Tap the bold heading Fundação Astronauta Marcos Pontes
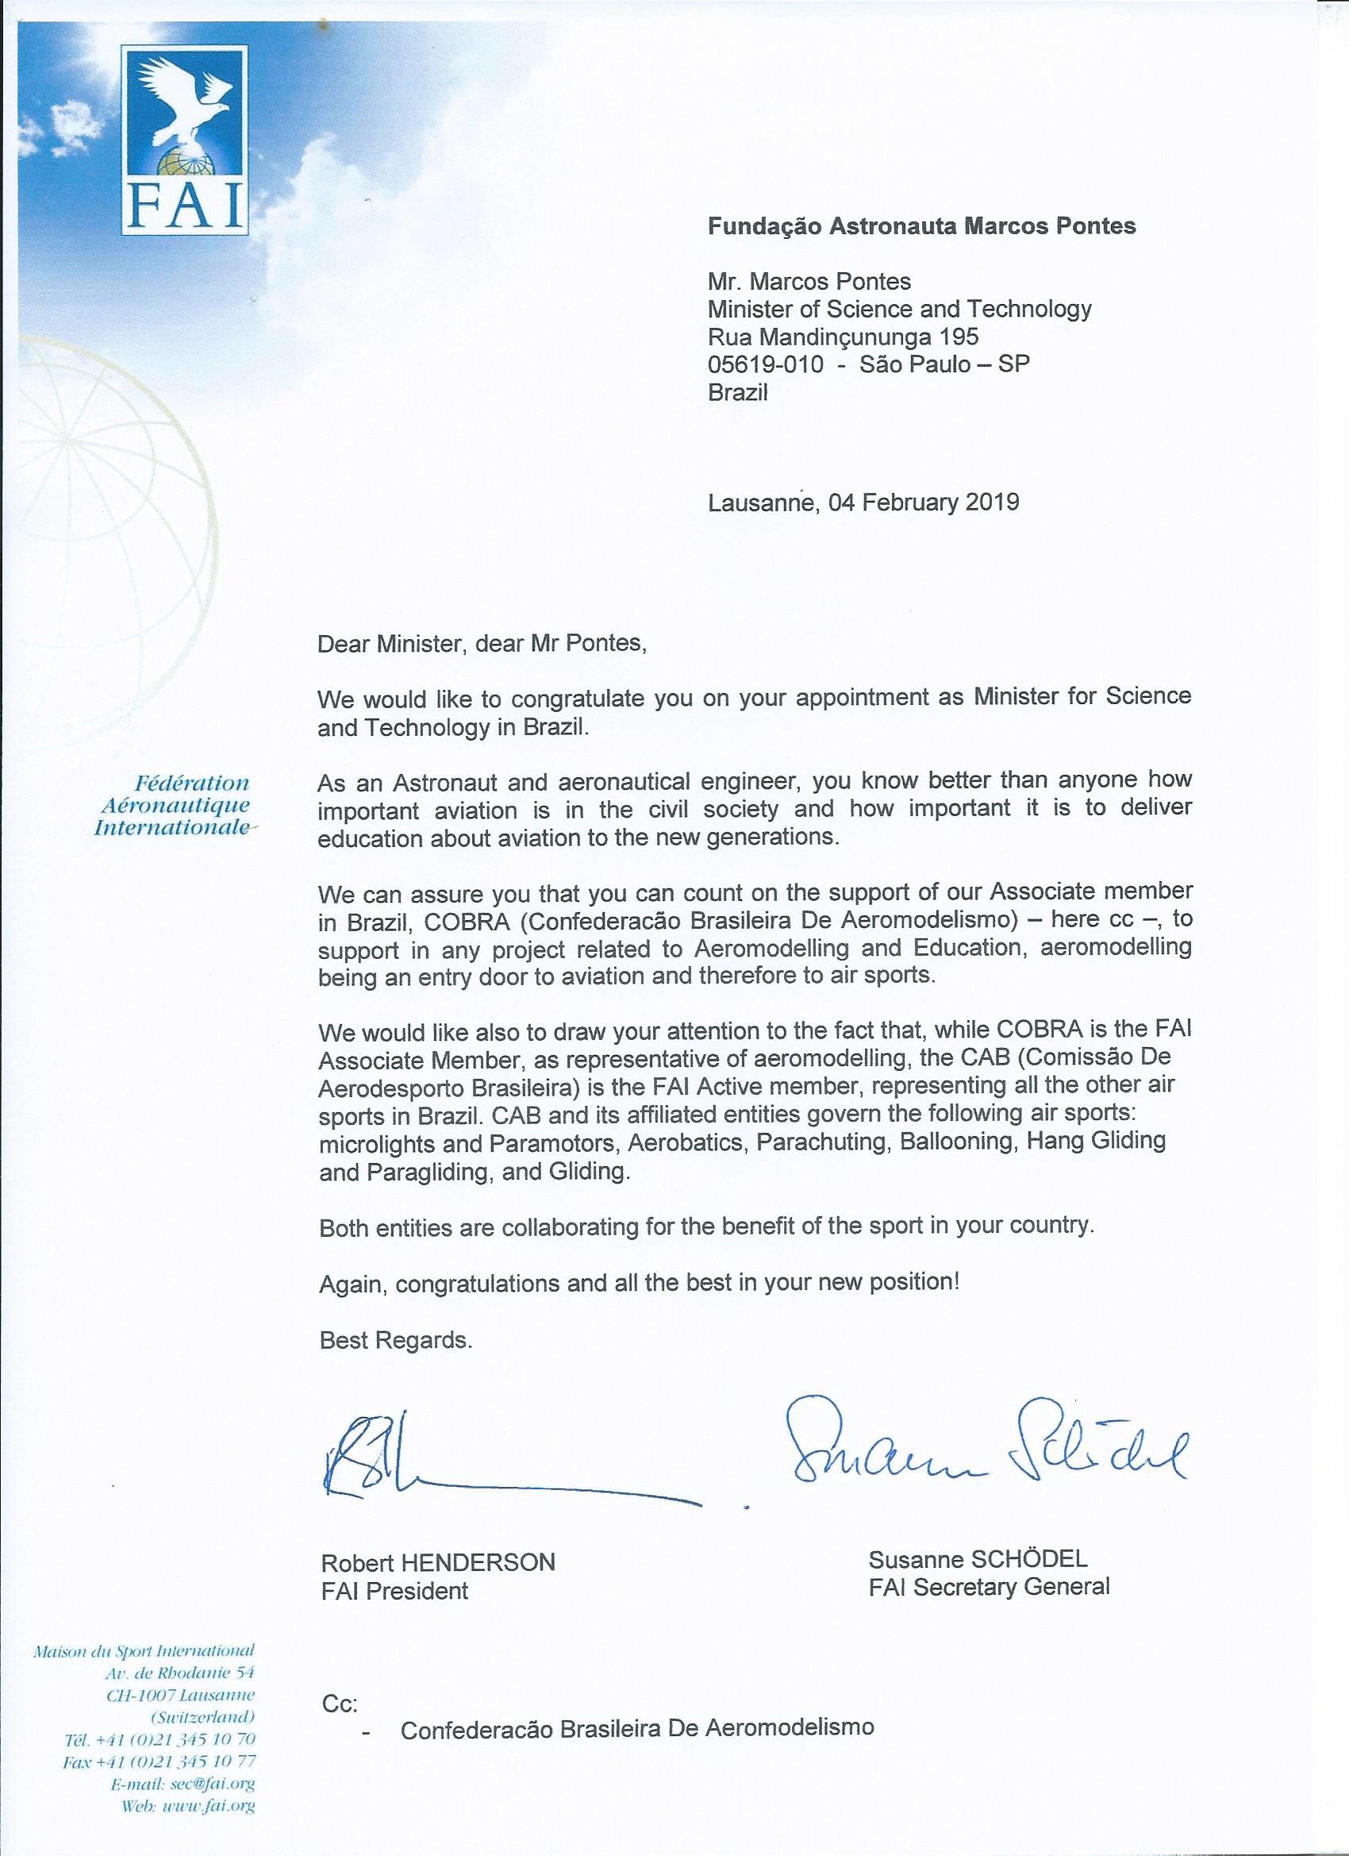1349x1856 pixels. coord(921,227)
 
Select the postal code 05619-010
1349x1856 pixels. coord(765,364)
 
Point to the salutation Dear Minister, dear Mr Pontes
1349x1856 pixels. coord(482,643)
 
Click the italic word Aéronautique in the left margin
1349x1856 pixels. coord(175,805)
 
